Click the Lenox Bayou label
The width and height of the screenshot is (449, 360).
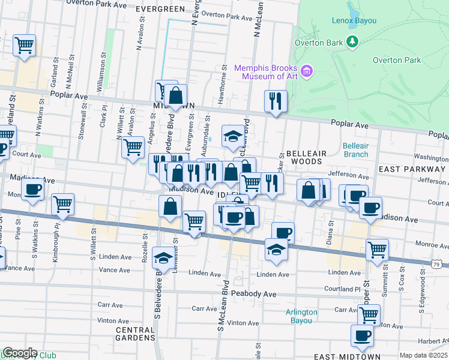[x=354, y=21]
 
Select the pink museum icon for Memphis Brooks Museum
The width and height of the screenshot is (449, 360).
[x=307, y=72]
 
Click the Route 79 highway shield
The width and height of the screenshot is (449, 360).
[x=439, y=265]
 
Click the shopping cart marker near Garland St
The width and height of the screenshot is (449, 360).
[x=24, y=45]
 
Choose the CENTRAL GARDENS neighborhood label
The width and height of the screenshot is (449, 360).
[x=135, y=334]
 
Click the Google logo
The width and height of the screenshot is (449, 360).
[x=19, y=353]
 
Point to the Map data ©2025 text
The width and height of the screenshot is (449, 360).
[x=423, y=355]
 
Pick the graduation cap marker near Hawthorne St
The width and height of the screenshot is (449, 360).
[x=233, y=136]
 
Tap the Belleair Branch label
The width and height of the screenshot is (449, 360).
[x=355, y=150]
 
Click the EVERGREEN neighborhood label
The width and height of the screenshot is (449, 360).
[x=160, y=10]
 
